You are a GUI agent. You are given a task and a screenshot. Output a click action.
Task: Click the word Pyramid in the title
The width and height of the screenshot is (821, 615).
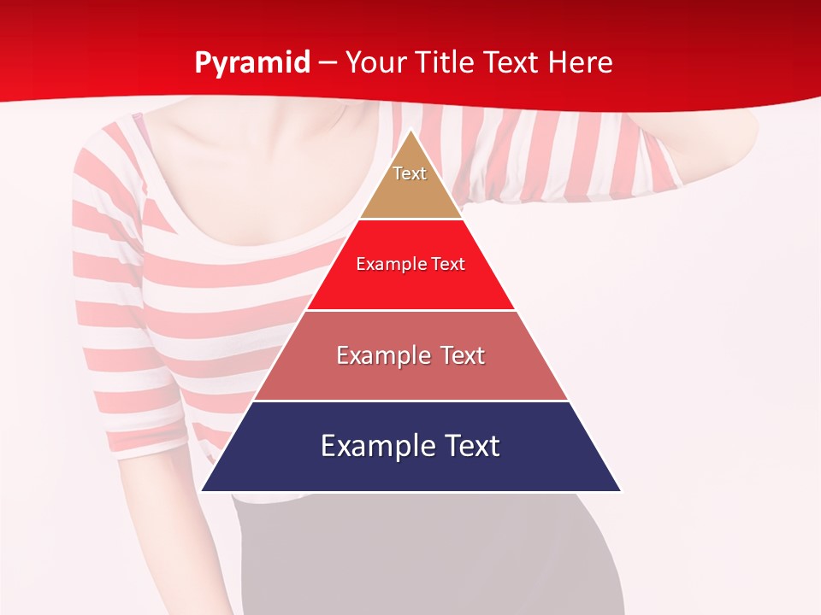coord(252,63)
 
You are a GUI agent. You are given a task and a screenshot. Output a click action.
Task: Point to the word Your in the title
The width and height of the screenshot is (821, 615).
coord(374,63)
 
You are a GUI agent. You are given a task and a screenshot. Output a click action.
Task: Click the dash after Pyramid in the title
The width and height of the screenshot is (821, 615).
coord(328,63)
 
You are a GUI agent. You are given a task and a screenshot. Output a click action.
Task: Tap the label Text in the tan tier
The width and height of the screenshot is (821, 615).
coord(410,173)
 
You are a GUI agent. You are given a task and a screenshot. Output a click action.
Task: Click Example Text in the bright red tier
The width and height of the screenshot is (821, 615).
coord(410,264)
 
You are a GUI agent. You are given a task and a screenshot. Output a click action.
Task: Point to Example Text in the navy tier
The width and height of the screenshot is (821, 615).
coord(410,446)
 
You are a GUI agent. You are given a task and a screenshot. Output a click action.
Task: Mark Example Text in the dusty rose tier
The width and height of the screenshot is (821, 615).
coord(410,355)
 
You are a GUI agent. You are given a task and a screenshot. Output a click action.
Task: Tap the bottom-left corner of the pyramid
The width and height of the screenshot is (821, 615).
coord(203,490)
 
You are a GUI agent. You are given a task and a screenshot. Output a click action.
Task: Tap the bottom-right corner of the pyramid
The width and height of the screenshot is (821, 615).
coord(620,490)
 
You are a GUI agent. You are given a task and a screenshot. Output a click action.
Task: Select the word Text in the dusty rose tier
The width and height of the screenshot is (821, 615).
coord(459,355)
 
